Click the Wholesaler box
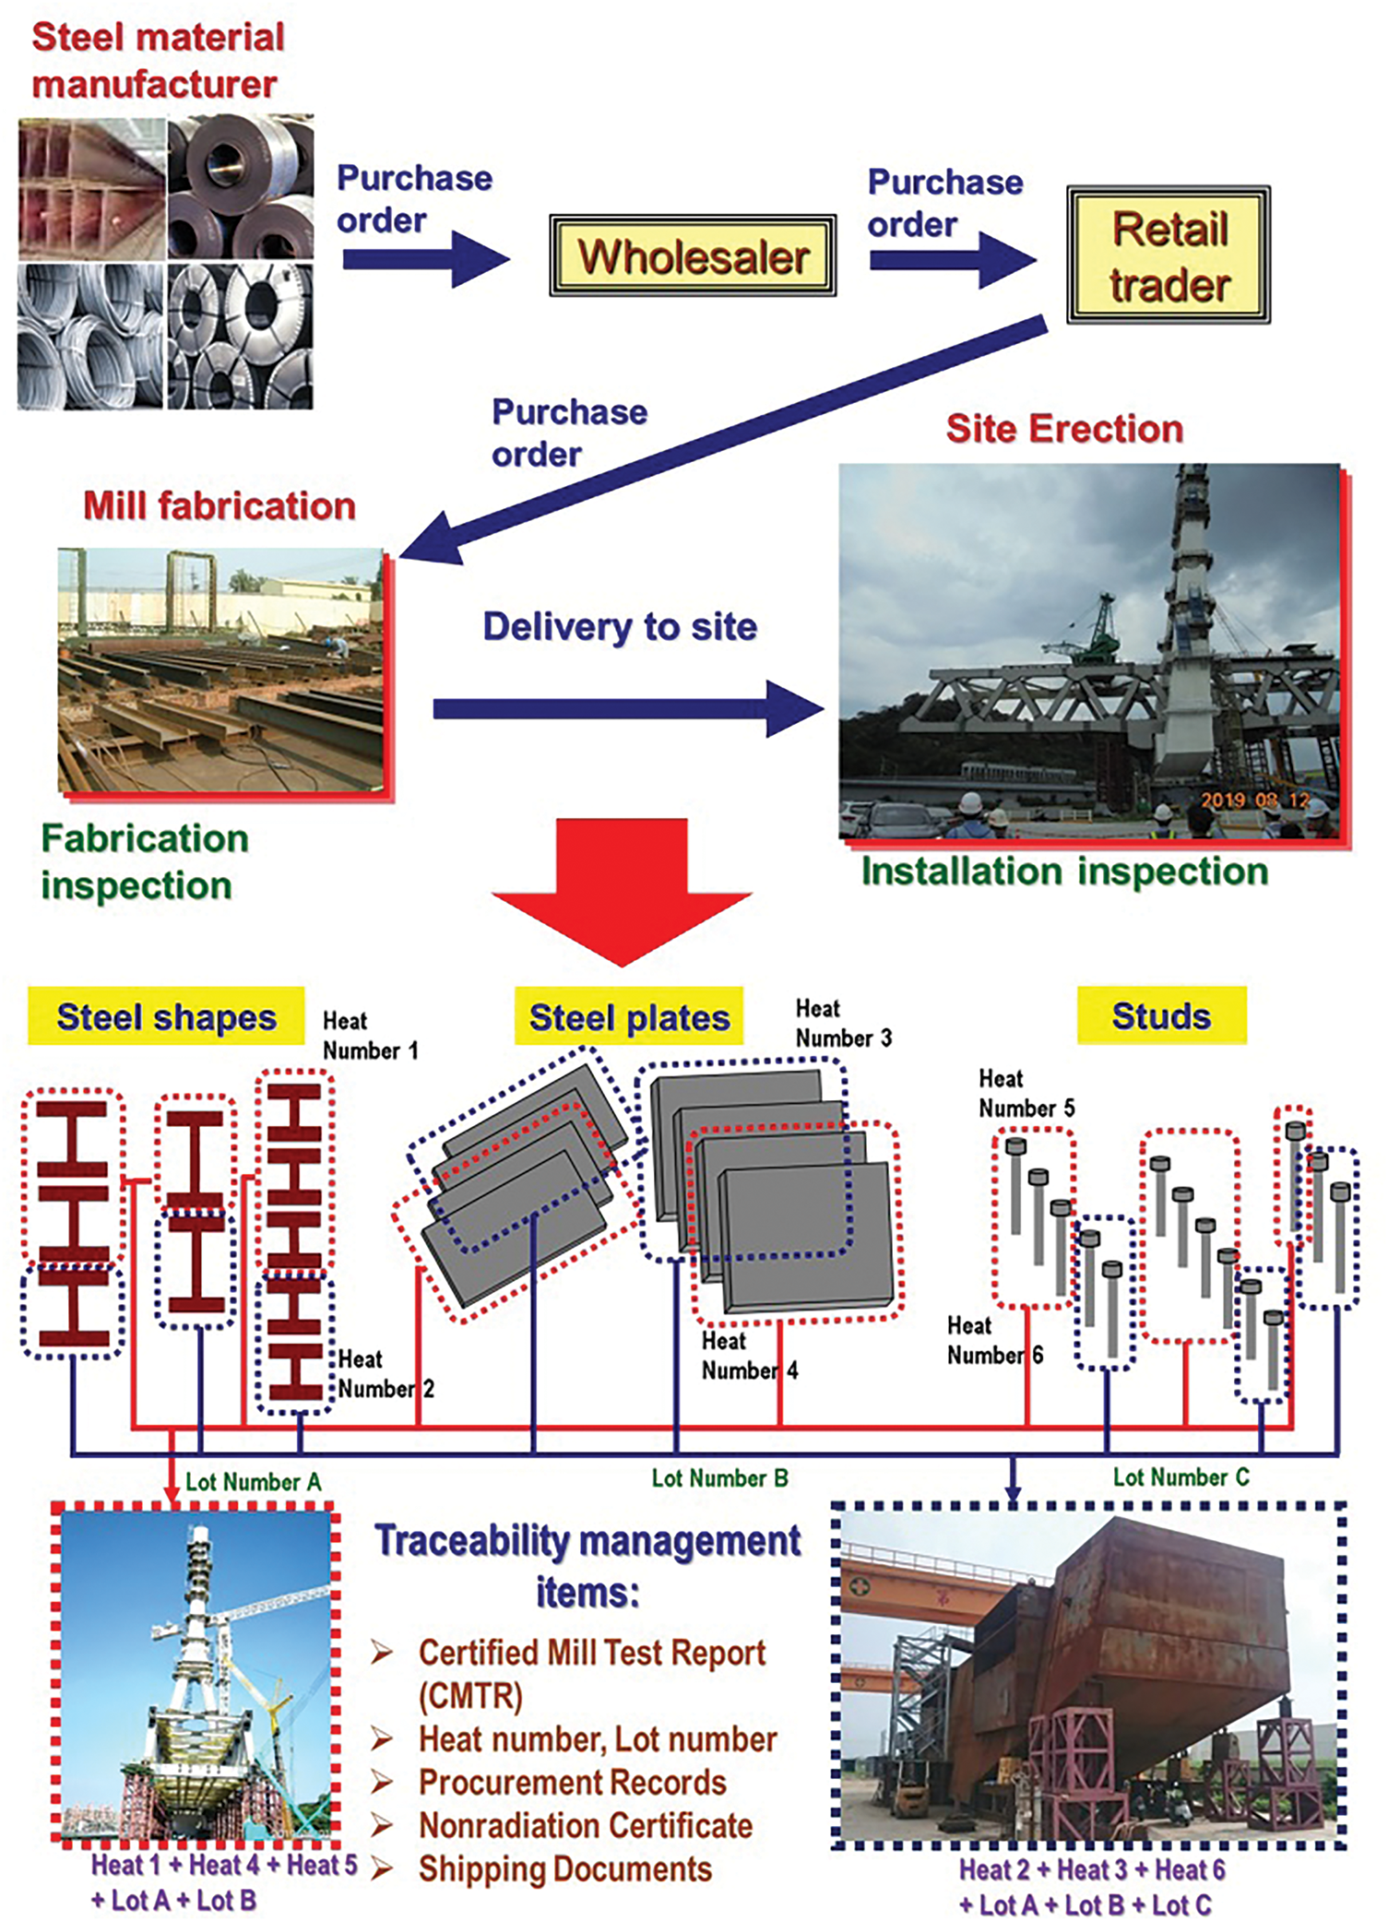(693, 256)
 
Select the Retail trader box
(1169, 255)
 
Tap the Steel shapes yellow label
(166, 1016)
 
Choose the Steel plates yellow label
(629, 1017)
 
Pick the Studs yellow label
(1161, 1015)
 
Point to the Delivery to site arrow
(627, 708)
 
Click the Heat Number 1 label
(370, 1036)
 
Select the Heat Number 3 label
(843, 1024)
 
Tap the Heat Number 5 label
(1026, 1093)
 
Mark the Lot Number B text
(719, 1478)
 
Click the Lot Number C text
(1180, 1477)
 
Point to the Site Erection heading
(1064, 429)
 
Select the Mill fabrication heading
(219, 505)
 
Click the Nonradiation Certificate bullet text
(586, 1825)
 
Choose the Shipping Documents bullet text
(565, 1868)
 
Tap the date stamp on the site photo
(1255, 800)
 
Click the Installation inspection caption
(1064, 872)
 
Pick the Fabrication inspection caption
(145, 861)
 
